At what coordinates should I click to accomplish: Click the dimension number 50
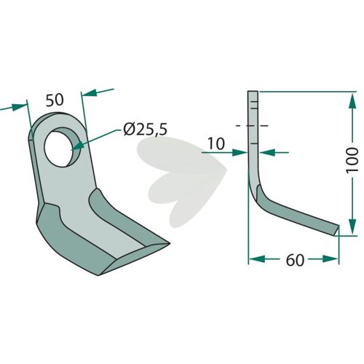(55, 100)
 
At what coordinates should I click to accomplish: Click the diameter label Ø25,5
(145, 129)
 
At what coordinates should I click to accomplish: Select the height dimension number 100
(352, 160)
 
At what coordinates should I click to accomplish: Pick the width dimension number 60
(295, 260)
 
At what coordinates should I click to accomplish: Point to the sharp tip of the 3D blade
(169, 242)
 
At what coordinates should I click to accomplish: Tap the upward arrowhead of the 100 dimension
(352, 100)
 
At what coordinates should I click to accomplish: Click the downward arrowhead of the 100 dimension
(352, 226)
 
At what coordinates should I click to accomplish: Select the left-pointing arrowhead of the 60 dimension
(257, 258)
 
